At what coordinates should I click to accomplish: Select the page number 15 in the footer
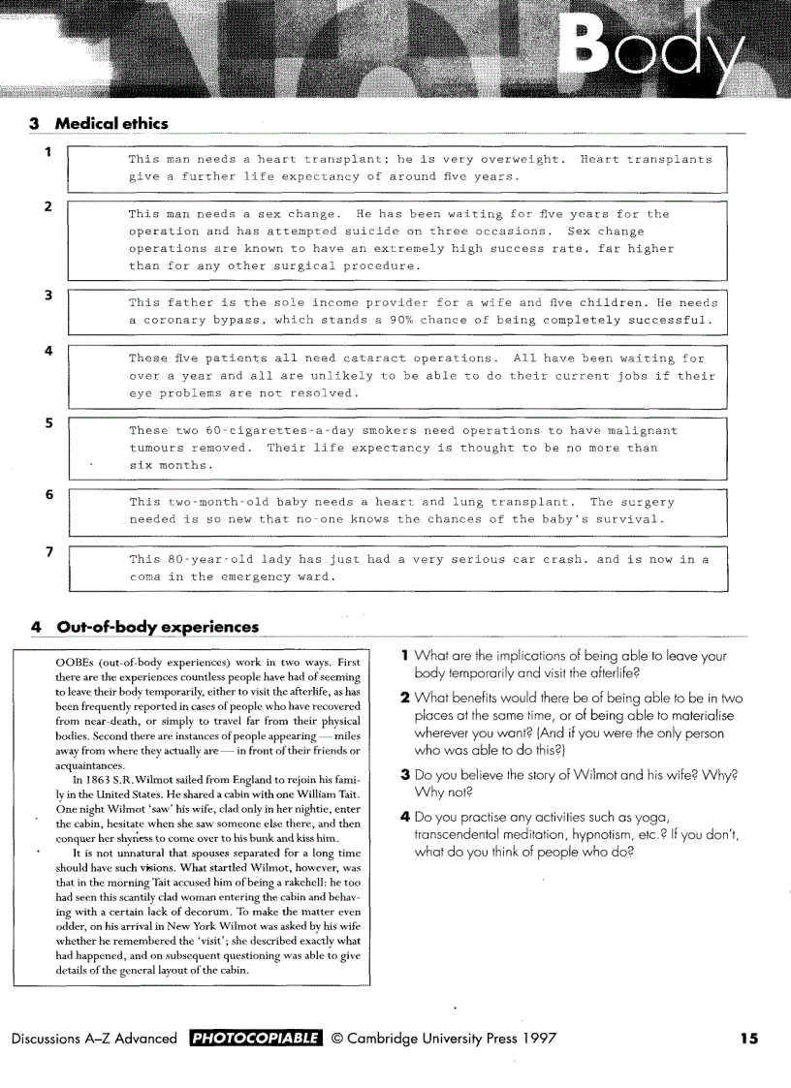tap(748, 1039)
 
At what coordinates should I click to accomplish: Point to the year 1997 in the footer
tap(534, 1039)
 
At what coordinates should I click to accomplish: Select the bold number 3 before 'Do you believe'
tap(405, 775)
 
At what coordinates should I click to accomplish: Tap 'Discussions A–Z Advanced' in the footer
tap(94, 1039)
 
